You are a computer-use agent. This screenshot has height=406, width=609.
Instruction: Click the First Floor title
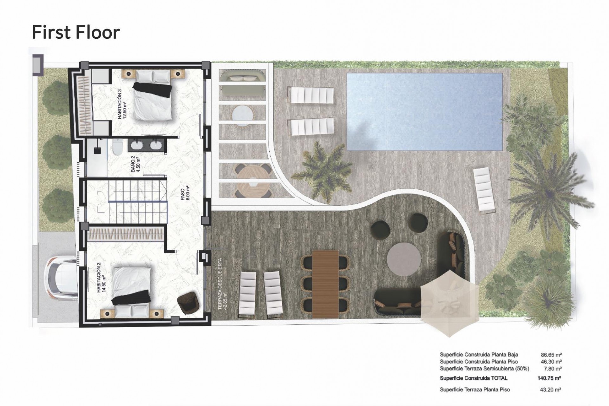point(76,33)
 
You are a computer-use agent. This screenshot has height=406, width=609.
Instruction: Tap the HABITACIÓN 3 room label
point(121,104)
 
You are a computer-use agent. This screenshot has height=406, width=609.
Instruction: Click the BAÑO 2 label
point(135,164)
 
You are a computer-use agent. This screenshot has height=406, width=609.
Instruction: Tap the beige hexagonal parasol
point(449,304)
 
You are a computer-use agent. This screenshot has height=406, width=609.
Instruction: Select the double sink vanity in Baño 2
point(146,145)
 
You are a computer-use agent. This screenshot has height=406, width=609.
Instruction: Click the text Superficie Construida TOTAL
point(473,378)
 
